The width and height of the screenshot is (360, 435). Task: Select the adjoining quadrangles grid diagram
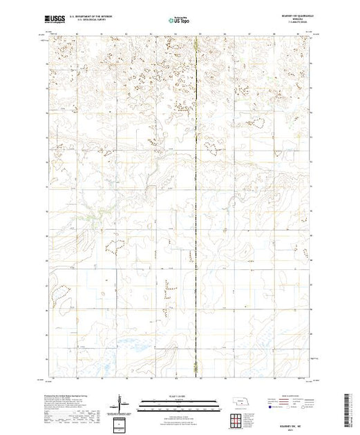coord(238,421)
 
